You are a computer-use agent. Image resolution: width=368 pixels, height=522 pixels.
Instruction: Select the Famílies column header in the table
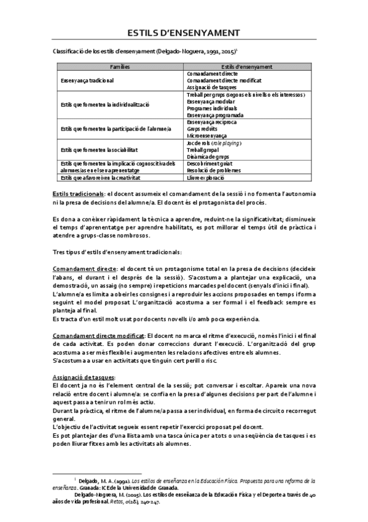pos(120,66)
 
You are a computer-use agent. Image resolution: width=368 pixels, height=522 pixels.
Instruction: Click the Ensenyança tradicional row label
pos(87,80)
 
